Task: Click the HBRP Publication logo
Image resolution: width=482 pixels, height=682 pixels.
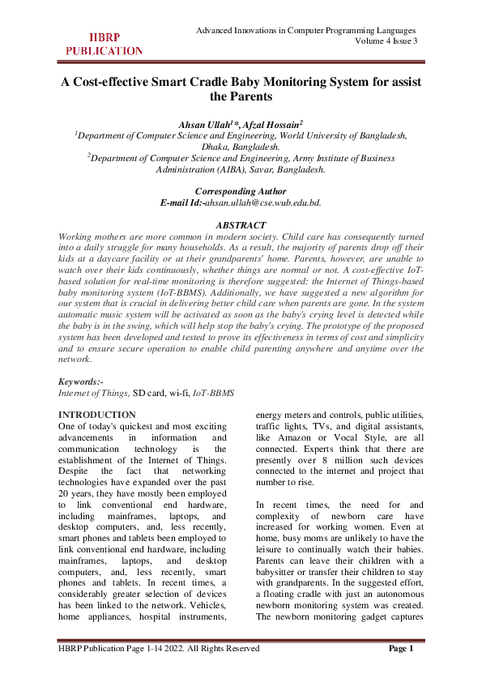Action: tap(104, 44)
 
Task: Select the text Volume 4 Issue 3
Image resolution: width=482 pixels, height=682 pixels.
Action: tap(386, 41)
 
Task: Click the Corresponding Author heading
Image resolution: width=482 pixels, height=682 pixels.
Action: tap(241, 190)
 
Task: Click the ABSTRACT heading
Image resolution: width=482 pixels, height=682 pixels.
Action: tap(241, 224)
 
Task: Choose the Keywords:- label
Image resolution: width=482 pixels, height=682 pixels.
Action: tap(83, 381)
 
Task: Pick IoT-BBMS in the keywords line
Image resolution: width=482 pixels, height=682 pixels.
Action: tap(213, 392)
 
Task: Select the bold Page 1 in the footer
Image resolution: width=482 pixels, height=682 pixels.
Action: tap(402, 648)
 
